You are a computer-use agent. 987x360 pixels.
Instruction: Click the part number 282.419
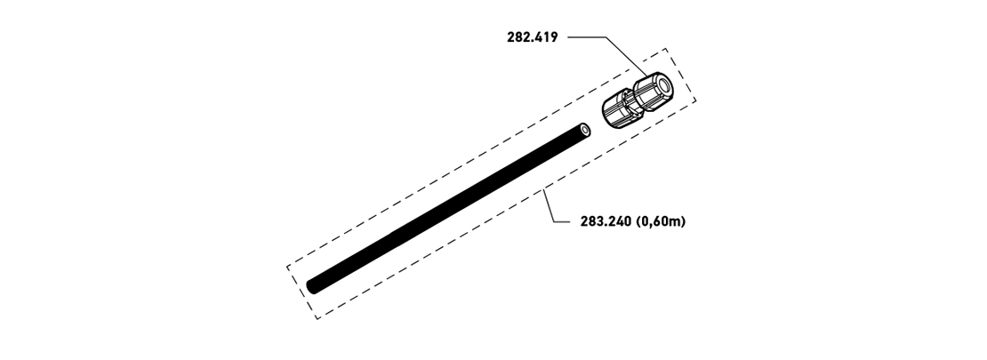tap(532, 37)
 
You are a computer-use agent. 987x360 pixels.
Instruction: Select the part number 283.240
tap(606, 221)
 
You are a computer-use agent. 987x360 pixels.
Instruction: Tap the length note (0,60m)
tap(661, 221)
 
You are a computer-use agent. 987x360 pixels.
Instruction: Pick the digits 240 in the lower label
tap(620, 221)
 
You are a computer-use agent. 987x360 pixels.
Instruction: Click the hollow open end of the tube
tap(586, 131)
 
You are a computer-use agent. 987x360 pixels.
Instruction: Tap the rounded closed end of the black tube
tap(312, 286)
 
